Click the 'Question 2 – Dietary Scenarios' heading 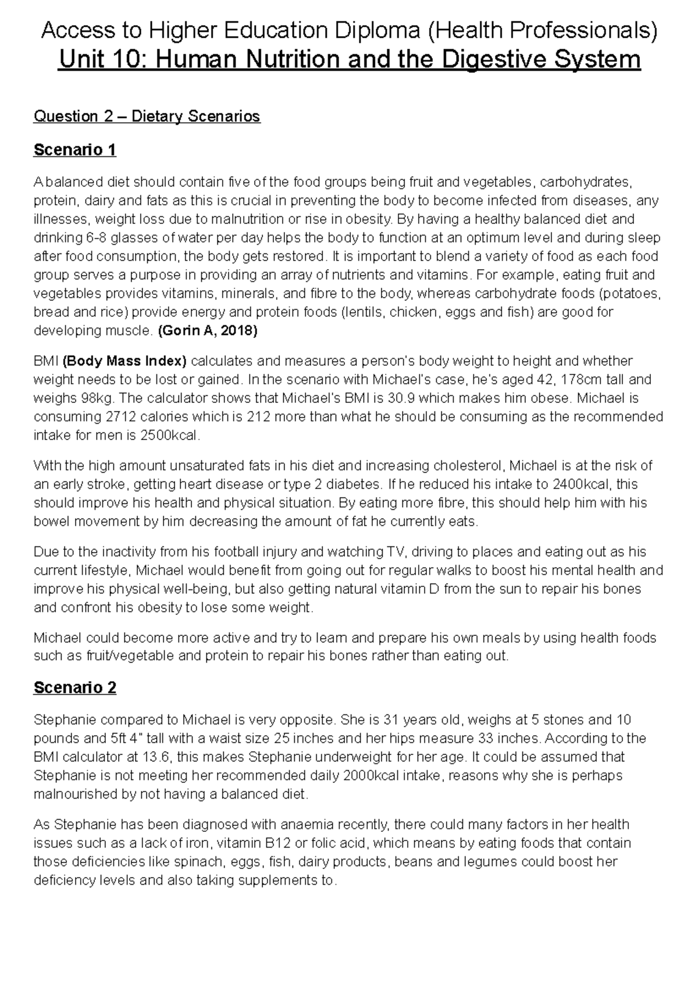(x=147, y=116)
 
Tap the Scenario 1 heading (x=75, y=150)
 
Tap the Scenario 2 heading (x=75, y=688)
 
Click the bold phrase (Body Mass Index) (x=125, y=362)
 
